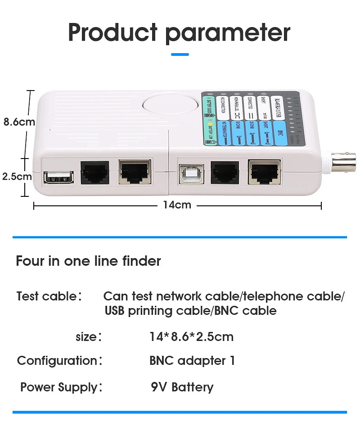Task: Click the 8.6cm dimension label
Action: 19,122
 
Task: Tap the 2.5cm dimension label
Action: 17,176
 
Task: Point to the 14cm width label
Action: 177,205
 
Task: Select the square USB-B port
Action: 191,173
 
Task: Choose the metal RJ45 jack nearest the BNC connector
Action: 264,172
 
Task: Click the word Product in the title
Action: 113,32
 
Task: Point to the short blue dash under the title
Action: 180,54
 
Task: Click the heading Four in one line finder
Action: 88,261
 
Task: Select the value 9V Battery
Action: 182,387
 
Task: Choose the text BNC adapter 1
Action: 192,361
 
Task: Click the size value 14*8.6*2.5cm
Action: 191,336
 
